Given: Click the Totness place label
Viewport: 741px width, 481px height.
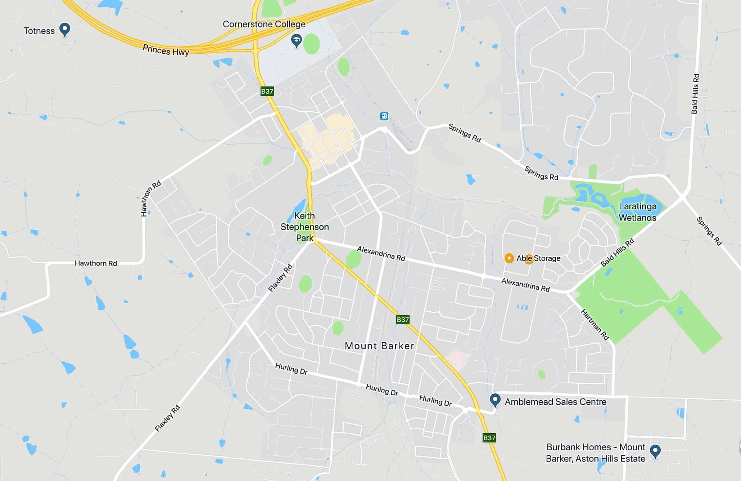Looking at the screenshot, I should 39,31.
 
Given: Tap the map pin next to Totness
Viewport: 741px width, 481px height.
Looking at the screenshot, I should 65,29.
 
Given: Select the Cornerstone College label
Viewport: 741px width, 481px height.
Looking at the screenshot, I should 264,24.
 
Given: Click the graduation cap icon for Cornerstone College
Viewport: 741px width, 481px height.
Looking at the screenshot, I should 296,41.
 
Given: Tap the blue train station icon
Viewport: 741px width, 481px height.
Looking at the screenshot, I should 384,116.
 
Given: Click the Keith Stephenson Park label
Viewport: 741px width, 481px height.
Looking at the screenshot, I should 304,227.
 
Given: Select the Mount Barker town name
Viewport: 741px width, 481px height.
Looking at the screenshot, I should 379,346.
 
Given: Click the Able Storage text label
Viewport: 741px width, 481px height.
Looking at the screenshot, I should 538,258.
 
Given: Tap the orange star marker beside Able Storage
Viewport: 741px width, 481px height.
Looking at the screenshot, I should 509,258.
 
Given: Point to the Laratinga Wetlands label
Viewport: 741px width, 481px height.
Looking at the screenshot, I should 637,212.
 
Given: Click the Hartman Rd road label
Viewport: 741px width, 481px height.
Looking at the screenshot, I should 595,325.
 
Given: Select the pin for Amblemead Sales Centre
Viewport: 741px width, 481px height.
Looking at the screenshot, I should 495,400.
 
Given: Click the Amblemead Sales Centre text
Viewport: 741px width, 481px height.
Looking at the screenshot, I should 555,402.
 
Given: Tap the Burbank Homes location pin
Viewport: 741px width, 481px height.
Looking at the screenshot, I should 655,450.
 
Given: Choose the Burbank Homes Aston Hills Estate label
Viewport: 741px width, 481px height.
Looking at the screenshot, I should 596,453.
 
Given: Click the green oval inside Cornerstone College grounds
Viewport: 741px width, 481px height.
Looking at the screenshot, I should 311,44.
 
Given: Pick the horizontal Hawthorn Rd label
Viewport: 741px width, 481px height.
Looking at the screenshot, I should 96,263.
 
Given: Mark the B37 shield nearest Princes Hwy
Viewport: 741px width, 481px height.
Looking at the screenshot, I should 267,91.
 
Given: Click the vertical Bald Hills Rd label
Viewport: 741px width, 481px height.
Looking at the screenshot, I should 695,94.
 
